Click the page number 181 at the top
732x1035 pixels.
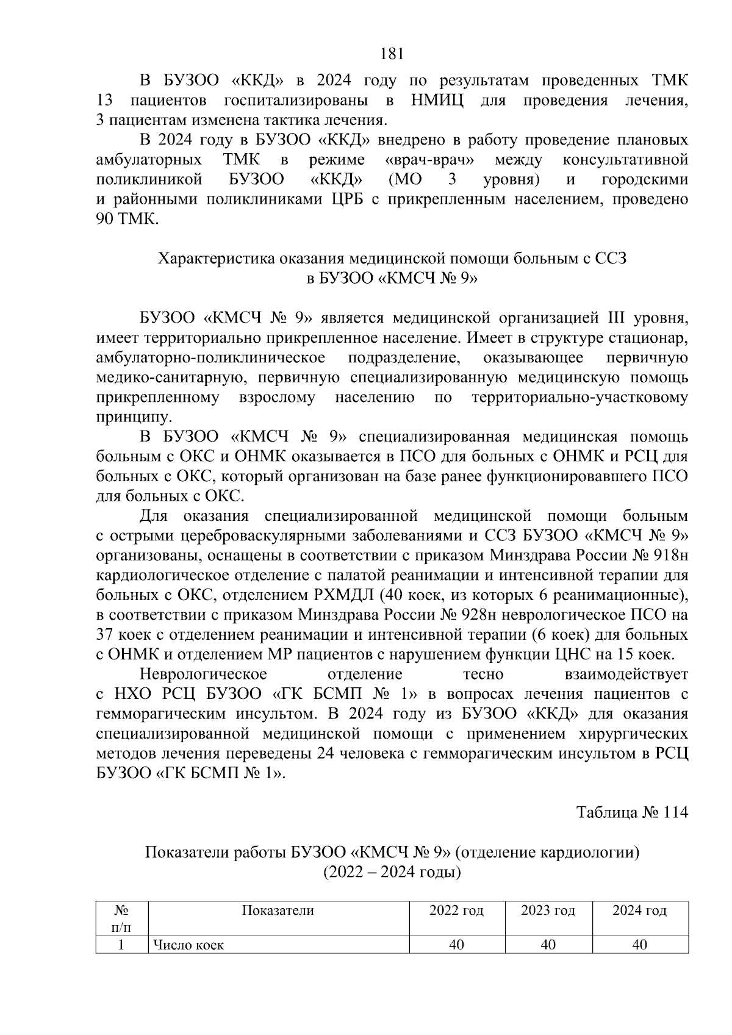point(392,54)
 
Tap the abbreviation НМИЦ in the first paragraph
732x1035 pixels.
point(437,100)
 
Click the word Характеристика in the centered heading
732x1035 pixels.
point(217,259)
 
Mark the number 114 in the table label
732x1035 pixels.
point(675,813)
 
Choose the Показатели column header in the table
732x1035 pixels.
point(278,911)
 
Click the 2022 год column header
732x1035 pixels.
point(456,911)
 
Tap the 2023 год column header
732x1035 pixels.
point(548,911)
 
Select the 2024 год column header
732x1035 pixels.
point(640,911)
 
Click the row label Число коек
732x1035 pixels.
point(188,945)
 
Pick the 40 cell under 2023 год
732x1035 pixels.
point(548,945)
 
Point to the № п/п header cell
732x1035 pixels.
point(122,919)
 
